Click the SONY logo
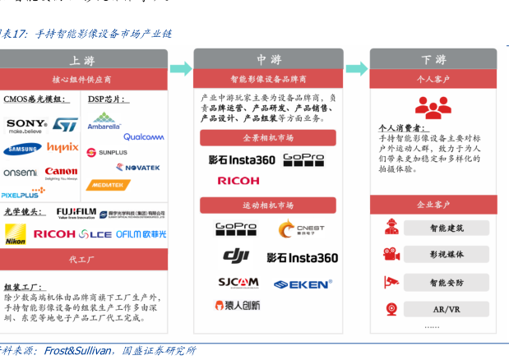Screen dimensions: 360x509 [x=25, y=125]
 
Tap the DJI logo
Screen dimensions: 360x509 [x=236, y=256]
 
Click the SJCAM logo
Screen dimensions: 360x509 [x=238, y=283]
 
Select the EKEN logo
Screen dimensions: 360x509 [x=303, y=284]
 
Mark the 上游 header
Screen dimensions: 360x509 [x=83, y=60]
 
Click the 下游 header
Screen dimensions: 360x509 [x=433, y=60]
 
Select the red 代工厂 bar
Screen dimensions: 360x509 [x=83, y=260]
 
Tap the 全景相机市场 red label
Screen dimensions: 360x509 [x=268, y=137]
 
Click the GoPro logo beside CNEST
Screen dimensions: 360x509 [x=236, y=228]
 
